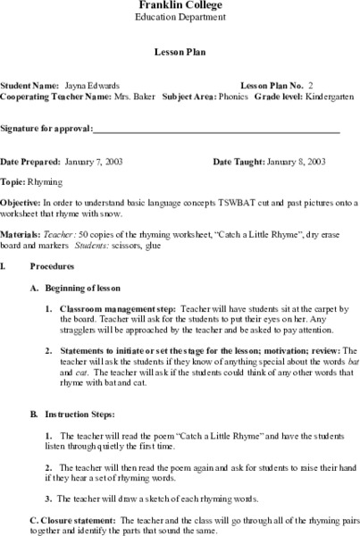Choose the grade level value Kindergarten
pos(326,96)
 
